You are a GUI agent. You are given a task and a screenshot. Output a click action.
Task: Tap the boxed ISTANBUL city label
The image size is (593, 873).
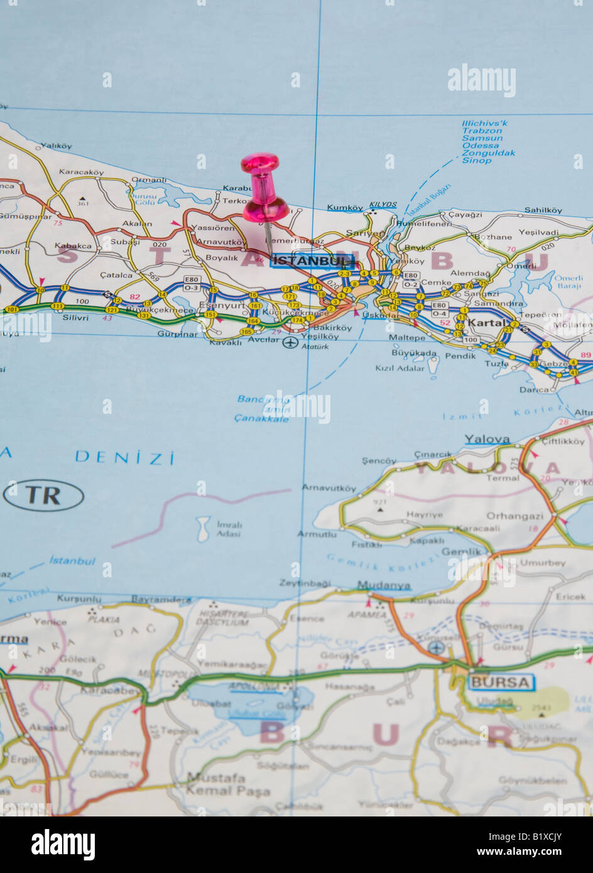(x=312, y=261)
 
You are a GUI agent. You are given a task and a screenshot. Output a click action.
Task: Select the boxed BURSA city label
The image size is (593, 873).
(x=501, y=682)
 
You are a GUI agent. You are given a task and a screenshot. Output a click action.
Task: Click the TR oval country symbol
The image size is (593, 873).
(x=43, y=496)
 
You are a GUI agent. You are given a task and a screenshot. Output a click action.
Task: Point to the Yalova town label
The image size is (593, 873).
(x=487, y=439)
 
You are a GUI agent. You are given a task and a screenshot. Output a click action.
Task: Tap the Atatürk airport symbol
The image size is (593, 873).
(x=290, y=342)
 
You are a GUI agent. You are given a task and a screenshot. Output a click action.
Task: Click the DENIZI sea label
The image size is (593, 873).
(x=125, y=457)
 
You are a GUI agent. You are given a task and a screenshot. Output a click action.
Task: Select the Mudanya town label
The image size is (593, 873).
(x=384, y=585)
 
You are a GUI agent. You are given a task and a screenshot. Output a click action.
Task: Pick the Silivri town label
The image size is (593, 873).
(x=75, y=318)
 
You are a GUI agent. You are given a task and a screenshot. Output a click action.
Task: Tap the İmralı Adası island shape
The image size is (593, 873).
(x=203, y=529)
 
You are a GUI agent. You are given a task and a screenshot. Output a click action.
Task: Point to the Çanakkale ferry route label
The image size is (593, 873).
(x=261, y=418)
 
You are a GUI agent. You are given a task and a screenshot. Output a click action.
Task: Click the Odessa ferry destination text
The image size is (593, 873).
(x=481, y=146)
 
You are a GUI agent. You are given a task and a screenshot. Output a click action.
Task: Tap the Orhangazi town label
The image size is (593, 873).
(x=516, y=516)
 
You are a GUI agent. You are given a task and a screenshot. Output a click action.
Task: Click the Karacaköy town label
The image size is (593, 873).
(x=82, y=172)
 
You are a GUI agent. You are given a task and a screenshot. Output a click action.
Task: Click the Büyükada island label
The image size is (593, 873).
(x=414, y=353)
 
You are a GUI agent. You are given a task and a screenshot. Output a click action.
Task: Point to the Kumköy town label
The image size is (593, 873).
(x=345, y=208)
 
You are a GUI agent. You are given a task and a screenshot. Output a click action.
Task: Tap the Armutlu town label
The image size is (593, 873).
(x=317, y=534)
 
